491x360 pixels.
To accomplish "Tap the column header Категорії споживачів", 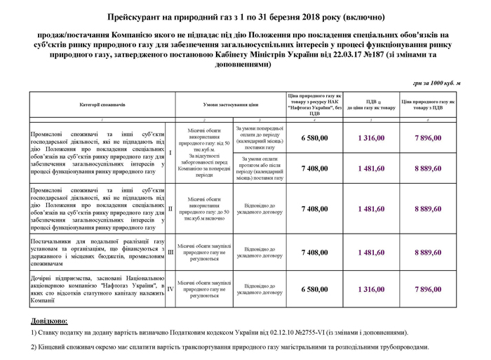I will tap(102, 105).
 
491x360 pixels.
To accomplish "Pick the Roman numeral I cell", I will tap(170, 152).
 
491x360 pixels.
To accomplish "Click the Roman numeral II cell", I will tap(170, 208).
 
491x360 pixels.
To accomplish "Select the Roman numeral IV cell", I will tap(170, 289).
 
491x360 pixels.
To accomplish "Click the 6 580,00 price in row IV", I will tap(314, 289).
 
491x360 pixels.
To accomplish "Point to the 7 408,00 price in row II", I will tap(314, 208).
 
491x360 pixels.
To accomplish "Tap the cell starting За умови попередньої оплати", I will tap(260, 138).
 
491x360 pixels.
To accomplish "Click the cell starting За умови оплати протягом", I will tap(260, 168).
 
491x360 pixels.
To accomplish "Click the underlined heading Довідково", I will tap(50, 321).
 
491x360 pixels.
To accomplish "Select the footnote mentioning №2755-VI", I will tap(218, 333).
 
